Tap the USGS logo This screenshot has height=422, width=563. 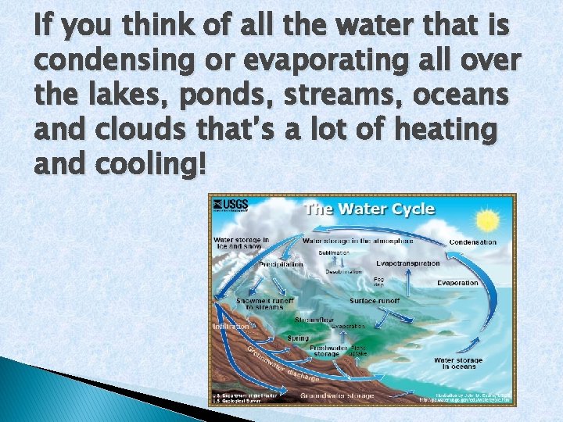click(x=229, y=206)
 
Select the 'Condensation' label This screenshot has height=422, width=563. click(x=472, y=242)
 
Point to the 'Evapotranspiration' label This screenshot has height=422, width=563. click(x=407, y=263)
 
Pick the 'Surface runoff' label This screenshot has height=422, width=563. click(x=375, y=300)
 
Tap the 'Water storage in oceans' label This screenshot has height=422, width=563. click(x=458, y=364)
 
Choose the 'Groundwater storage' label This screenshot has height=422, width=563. click(x=338, y=396)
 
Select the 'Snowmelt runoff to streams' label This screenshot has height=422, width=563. click(x=265, y=303)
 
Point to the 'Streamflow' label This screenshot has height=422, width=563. click(x=314, y=320)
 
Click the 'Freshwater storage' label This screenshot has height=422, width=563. click(x=328, y=350)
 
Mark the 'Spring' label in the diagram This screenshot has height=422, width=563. click(x=298, y=338)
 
